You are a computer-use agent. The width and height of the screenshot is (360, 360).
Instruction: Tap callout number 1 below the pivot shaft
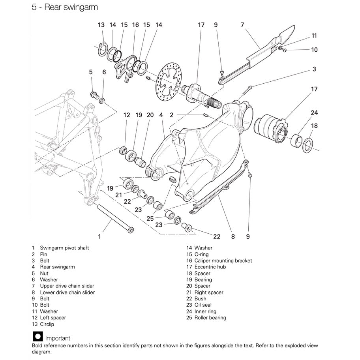pyautogui.click(x=99, y=236)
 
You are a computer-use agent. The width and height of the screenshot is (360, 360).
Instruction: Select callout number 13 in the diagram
pyautogui.click(x=101, y=25)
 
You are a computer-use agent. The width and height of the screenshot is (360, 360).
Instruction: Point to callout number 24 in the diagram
pyautogui.click(x=314, y=113)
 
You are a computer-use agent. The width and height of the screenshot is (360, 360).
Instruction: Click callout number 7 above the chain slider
pyautogui.click(x=242, y=25)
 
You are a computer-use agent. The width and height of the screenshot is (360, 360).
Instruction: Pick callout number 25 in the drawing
pyautogui.click(x=150, y=218)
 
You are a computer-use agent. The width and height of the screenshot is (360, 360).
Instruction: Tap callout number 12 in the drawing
pyautogui.click(x=126, y=115)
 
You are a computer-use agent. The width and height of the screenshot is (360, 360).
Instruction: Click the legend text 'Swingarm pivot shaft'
pyautogui.click(x=64, y=248)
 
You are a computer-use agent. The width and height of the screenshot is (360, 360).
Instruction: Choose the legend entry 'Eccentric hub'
pyautogui.click(x=210, y=267)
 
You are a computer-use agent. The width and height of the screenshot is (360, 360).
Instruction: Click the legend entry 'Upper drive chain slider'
pyautogui.click(x=67, y=286)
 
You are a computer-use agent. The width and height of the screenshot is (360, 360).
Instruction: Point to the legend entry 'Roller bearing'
pyautogui.click(x=210, y=318)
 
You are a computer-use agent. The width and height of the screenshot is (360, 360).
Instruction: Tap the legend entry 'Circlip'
pyautogui.click(x=47, y=324)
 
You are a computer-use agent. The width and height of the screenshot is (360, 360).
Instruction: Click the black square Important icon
pyautogui.click(x=38, y=337)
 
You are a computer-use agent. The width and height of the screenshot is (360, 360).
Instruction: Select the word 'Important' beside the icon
pyautogui.click(x=58, y=338)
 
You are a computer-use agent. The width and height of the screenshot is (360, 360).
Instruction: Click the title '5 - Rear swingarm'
pyautogui.click(x=65, y=7)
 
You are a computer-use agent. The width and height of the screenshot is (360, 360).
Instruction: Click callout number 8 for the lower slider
pyautogui.click(x=233, y=236)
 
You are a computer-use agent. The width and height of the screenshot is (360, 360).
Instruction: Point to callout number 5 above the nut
pyautogui.click(x=91, y=72)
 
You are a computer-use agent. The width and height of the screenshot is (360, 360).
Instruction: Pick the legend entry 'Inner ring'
pyautogui.click(x=205, y=311)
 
